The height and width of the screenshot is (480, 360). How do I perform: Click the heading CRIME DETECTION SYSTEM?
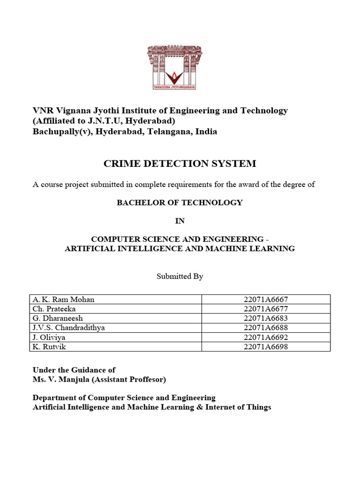180,164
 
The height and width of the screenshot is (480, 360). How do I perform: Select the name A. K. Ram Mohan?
64,299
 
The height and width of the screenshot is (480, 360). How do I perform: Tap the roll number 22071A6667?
266,299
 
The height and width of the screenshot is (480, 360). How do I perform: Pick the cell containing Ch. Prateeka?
54,308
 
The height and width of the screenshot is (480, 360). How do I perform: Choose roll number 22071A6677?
266,308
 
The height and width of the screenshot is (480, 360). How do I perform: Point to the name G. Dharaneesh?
59,318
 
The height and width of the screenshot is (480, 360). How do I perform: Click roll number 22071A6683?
266,318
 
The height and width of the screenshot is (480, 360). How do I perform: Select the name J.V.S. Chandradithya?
69,328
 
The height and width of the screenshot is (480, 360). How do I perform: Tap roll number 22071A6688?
266,328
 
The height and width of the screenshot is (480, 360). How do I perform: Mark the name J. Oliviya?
49,337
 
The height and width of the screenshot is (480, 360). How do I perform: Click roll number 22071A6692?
266,337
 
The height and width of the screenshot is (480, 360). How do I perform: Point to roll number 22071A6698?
266,347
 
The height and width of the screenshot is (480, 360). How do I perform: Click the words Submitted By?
180,277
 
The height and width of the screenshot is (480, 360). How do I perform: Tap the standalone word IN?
180,221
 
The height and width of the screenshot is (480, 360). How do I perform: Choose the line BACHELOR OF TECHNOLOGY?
180,202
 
